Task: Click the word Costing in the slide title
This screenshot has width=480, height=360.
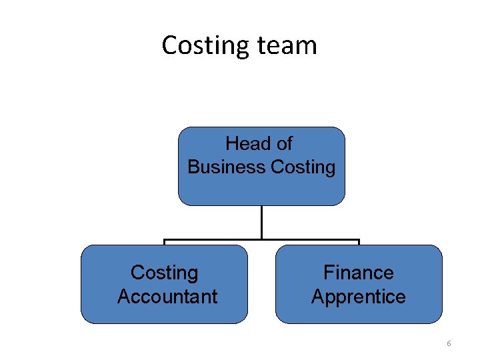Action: (205, 46)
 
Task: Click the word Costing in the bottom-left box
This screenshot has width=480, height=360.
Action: (164, 273)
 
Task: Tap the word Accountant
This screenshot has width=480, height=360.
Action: (167, 297)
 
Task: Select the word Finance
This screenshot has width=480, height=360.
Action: (358, 273)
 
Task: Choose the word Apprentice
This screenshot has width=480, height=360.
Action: (359, 297)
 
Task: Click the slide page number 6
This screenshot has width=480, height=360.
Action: (449, 343)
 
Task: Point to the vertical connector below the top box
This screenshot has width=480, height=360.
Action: (261, 221)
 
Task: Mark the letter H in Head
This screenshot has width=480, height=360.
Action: (231, 144)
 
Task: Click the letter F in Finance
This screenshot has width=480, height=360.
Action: (327, 273)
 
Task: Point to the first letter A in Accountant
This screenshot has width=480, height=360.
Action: (123, 297)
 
